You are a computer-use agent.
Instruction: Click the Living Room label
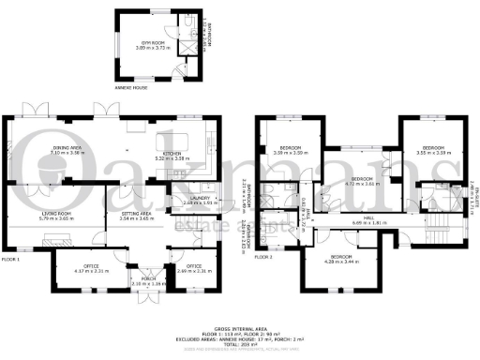click(x=57, y=216)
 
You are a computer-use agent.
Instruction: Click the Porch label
click(x=147, y=280)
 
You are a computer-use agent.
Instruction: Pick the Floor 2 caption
click(x=267, y=255)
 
